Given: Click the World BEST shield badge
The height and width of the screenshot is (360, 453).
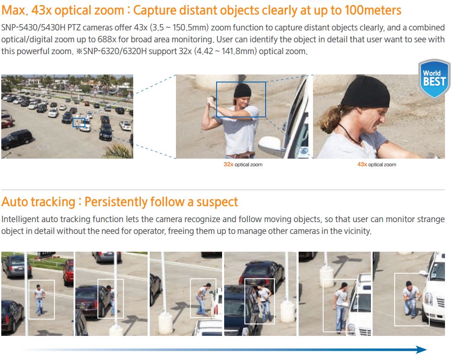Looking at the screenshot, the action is (434, 78).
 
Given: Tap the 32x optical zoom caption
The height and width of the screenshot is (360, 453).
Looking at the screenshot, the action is (243, 165).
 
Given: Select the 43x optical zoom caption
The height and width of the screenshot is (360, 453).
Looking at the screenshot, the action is (377, 165).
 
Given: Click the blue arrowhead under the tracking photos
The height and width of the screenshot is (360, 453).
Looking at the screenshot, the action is (421, 349).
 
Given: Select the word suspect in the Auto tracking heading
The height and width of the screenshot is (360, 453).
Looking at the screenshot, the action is (217, 202).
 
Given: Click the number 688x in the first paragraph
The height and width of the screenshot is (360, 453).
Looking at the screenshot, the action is (107, 39).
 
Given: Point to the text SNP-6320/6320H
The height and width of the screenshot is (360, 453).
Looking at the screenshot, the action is (115, 52).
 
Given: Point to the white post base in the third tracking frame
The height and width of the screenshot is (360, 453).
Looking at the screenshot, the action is (165, 323).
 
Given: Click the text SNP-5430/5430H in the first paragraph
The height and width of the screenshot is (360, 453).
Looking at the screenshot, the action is (33, 28).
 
